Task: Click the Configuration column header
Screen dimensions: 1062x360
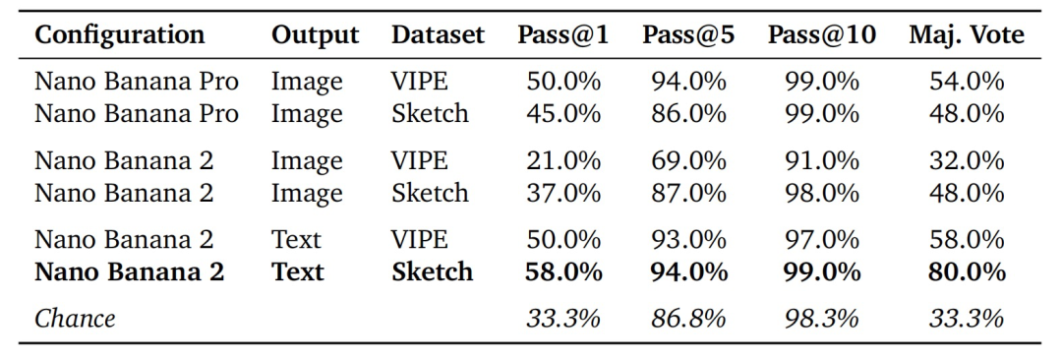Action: pos(119,35)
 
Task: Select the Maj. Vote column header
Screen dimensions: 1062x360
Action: pos(967,35)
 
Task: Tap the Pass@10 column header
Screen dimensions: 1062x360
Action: pos(821,35)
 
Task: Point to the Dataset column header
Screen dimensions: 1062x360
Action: pos(438,35)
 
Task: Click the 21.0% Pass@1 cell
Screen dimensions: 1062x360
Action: pos(563,160)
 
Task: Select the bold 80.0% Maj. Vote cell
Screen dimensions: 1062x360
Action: pos(967,271)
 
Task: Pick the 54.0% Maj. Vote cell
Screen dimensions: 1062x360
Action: pos(967,82)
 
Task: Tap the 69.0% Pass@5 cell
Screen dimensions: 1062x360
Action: pos(688,160)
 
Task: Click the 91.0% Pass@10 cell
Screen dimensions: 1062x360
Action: pos(822,160)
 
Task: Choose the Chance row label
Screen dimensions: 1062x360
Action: pos(75,318)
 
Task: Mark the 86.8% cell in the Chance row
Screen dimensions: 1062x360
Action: pos(688,318)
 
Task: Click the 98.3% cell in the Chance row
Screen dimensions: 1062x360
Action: pos(822,318)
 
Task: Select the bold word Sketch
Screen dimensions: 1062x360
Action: pos(432,271)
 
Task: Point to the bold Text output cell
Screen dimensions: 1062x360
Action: pos(298,271)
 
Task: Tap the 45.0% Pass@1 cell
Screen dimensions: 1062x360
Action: pos(563,113)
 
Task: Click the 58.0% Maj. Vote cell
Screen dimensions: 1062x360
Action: pos(967,239)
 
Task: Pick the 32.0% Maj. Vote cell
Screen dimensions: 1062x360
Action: pos(967,160)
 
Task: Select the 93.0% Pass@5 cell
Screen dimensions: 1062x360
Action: pos(688,239)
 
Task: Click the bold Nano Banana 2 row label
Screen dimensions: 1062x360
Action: pos(130,271)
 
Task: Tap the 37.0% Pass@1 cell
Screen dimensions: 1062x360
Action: pos(563,193)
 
